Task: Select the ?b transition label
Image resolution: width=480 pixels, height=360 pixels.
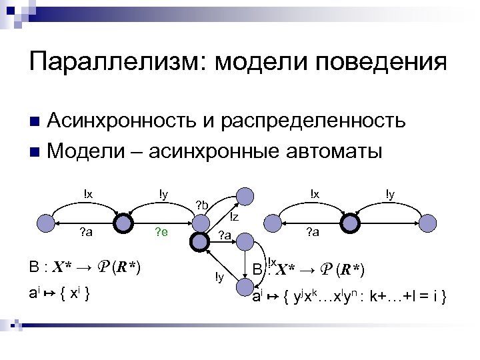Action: tap(201, 204)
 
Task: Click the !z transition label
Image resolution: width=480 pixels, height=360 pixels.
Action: tap(234, 217)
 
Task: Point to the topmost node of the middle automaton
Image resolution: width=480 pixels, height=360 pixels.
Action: tap(245, 195)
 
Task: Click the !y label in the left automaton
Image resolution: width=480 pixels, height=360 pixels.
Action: tap(163, 194)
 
